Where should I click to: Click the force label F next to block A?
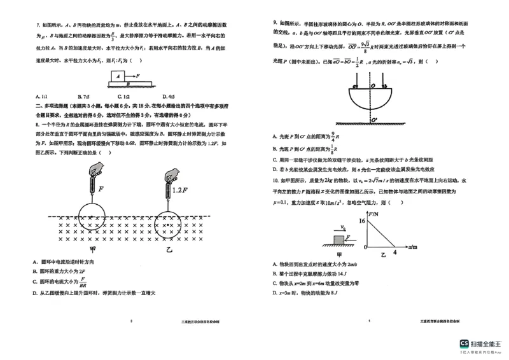coord(138,74)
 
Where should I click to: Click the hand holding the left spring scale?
coord(97,169)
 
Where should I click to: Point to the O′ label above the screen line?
coord(375,118)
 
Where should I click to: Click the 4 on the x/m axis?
coord(394,253)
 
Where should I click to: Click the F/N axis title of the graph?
coord(373,214)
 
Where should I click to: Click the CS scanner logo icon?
coord(465,343)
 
